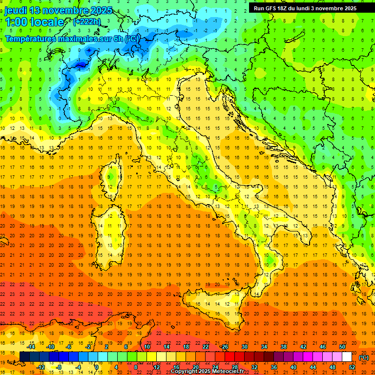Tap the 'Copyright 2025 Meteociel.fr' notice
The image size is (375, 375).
(207, 372)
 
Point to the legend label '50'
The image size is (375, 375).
(342, 347)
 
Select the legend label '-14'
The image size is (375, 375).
(30, 347)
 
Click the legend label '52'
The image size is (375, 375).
(352, 367)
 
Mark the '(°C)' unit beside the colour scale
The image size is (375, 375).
(364, 357)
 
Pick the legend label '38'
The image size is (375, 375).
(284, 347)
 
